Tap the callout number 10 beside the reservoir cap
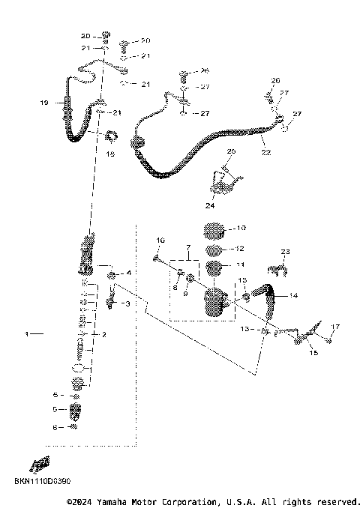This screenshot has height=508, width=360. click(240, 227)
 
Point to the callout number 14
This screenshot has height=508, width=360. click(292, 296)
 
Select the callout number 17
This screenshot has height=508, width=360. click(336, 327)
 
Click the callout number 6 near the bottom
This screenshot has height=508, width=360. click(54, 426)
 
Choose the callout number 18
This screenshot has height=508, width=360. click(110, 154)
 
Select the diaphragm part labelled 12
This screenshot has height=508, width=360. click(214, 249)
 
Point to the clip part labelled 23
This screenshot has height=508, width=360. click(277, 267)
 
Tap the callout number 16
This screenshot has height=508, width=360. click(160, 240)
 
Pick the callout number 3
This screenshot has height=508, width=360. click(127, 303)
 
